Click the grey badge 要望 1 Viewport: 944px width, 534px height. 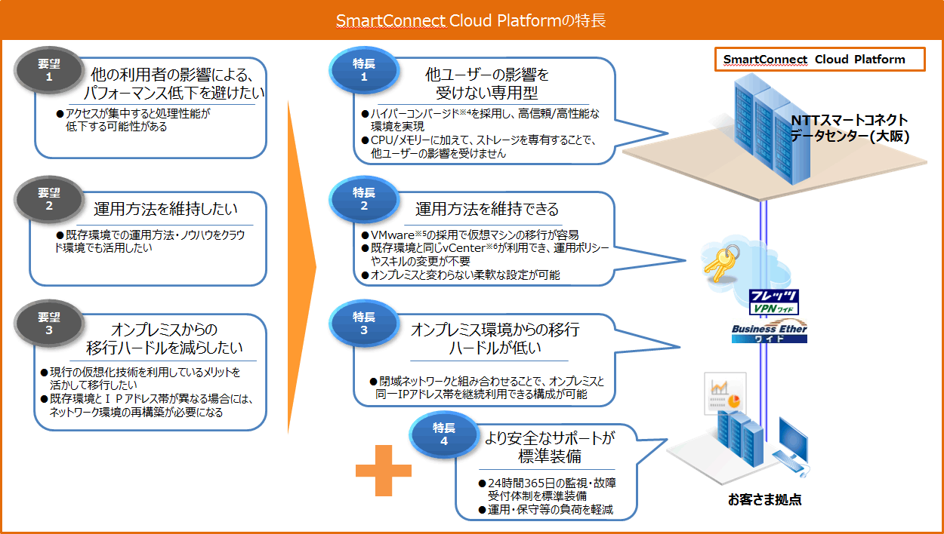pos(48,70)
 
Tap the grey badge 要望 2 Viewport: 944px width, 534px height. pos(48,199)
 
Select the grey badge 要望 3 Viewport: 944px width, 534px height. pos(48,323)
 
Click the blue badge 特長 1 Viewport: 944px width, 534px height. pos(364,70)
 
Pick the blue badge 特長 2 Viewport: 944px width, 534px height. pos(364,199)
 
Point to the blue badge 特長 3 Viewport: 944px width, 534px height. pos(364,323)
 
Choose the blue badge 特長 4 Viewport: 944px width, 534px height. pos(444,434)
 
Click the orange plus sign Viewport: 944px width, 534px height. pos(384,471)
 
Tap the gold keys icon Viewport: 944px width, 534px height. pos(721,263)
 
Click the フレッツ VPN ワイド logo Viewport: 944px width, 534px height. pos(774,302)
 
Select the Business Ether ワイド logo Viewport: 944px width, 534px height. pos(770,333)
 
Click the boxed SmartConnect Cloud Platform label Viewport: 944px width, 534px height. pos(819,60)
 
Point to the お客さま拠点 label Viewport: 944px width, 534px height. pos(764,499)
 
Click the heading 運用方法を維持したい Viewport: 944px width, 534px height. pos(165,209)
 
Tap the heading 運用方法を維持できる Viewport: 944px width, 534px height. pos(487,209)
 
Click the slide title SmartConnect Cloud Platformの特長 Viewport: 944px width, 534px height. pos(471,20)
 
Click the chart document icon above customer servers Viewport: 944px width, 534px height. pos(725,393)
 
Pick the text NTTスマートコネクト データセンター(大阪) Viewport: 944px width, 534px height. pos(849,128)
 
